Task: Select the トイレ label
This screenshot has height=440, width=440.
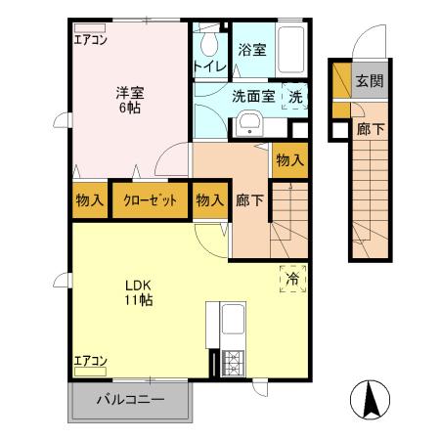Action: tap(209, 66)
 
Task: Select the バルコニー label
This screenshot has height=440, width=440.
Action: tap(129, 399)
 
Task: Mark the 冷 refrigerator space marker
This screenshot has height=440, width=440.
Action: tap(292, 279)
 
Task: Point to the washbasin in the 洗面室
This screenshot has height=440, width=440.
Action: tap(249, 124)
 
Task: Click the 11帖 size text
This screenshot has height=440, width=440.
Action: tap(136, 300)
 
